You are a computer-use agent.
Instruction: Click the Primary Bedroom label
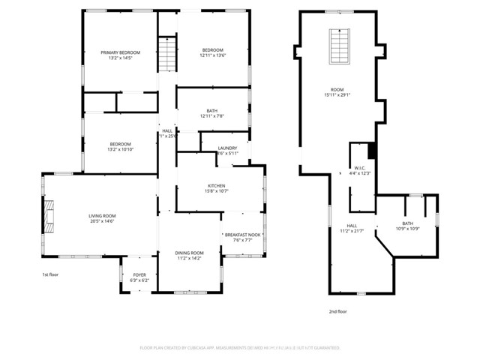[x=120, y=52]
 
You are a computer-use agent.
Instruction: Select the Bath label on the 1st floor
[x=212, y=111]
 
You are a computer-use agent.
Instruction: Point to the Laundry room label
[x=227, y=148]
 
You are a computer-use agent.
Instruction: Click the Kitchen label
[x=217, y=186]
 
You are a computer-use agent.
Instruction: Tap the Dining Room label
[x=189, y=253]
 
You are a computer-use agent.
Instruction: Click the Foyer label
[x=140, y=275]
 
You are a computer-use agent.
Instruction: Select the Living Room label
[x=101, y=216]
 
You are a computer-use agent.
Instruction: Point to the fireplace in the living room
[x=49, y=214]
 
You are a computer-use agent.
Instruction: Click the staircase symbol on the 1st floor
[x=166, y=54]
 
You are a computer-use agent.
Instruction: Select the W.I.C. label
[x=359, y=167]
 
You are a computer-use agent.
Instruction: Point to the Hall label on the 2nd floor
[x=352, y=225]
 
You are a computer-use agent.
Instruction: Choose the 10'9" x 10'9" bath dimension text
[x=407, y=229]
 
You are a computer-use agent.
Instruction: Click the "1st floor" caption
[x=51, y=275]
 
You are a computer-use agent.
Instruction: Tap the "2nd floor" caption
[x=338, y=310]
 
